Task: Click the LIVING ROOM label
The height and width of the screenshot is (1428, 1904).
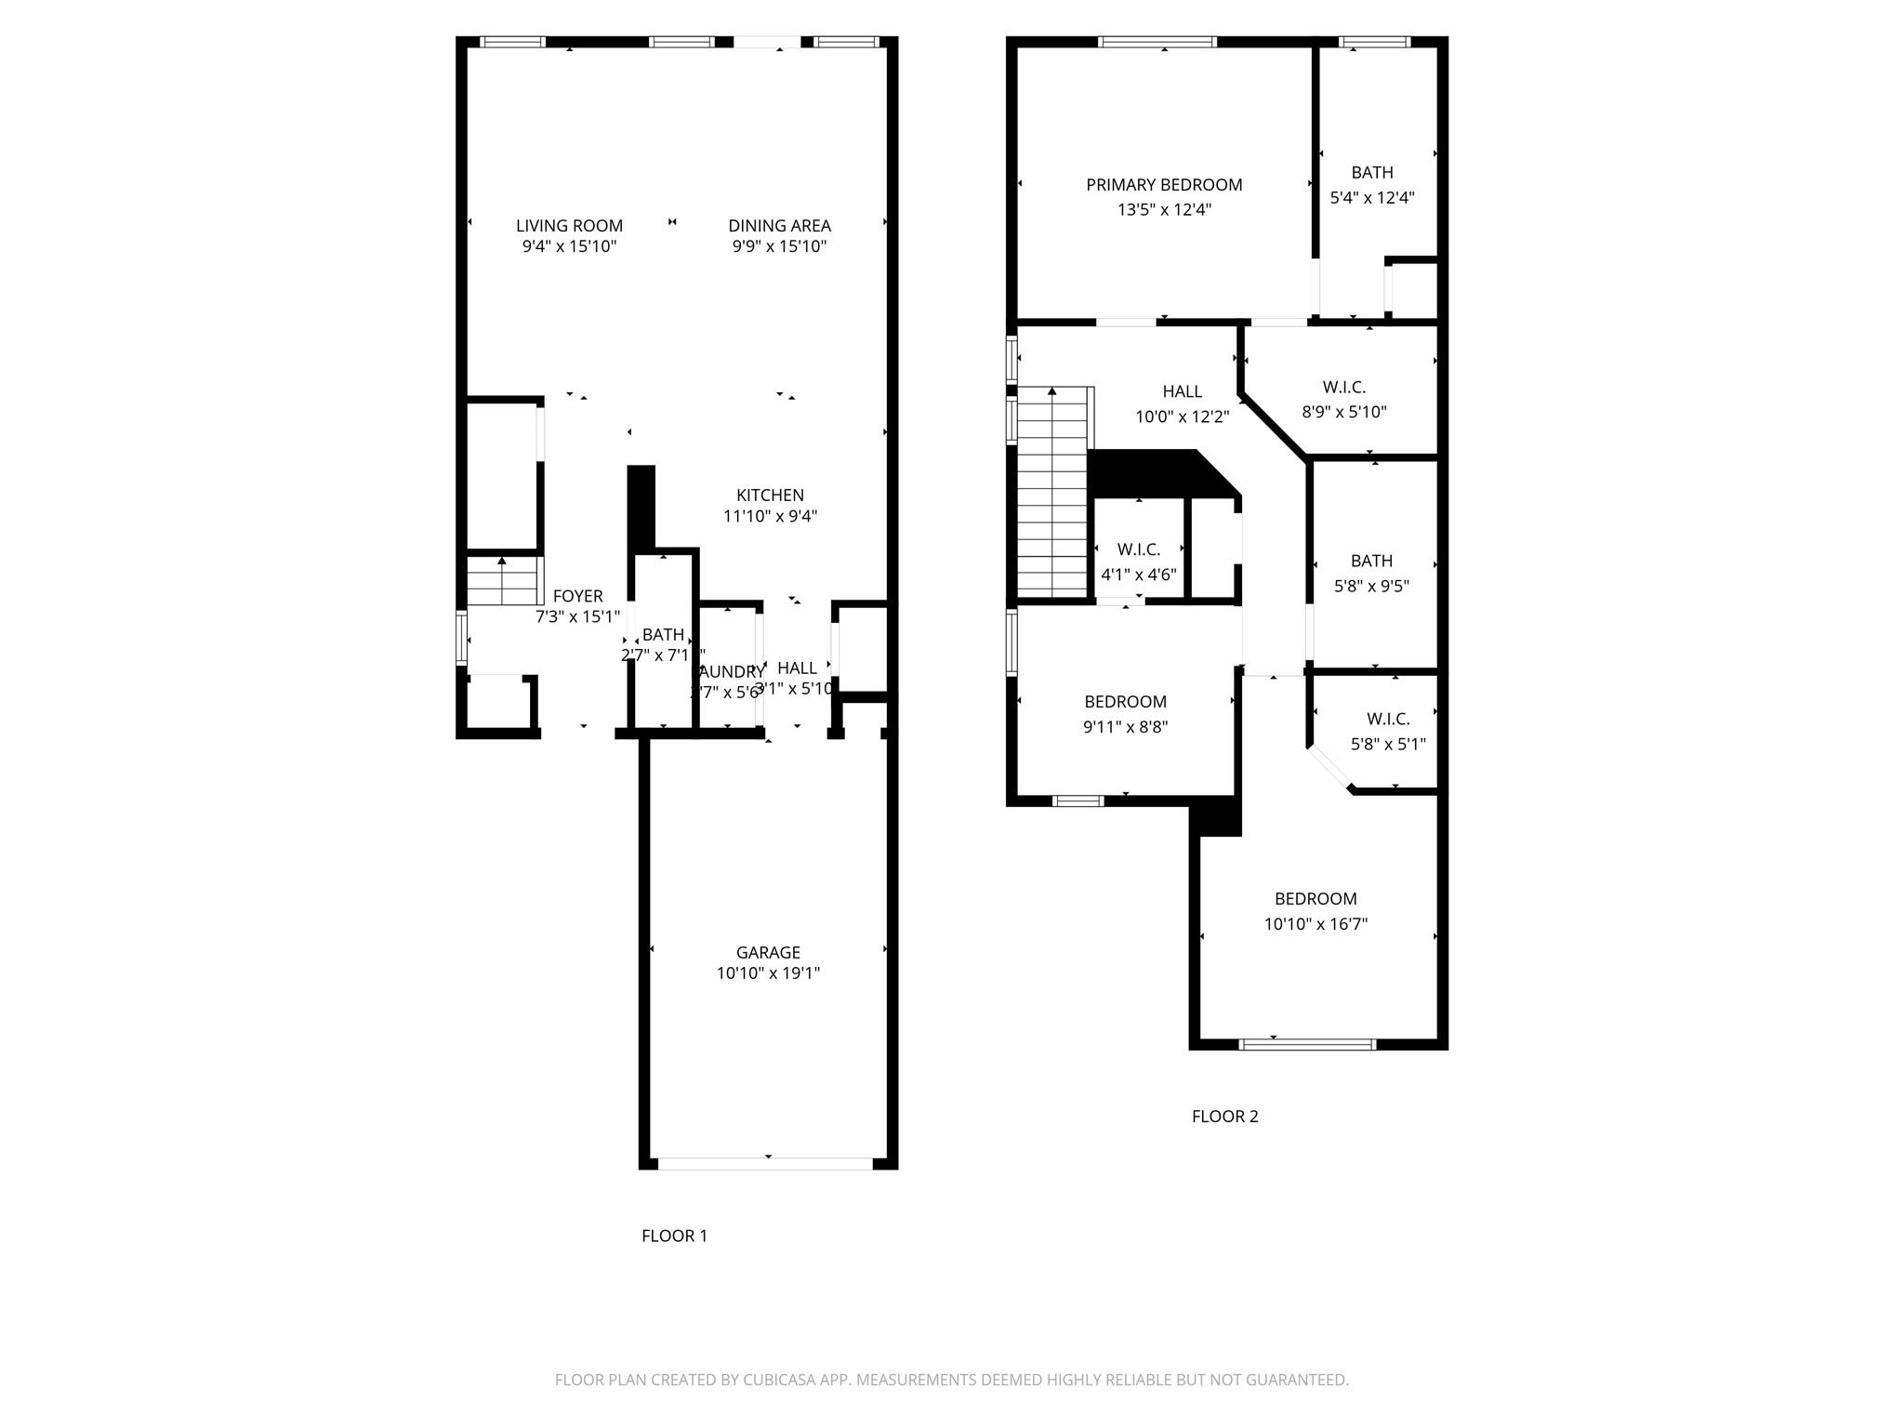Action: point(569,226)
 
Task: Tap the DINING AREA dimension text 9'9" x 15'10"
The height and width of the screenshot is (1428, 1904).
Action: point(779,247)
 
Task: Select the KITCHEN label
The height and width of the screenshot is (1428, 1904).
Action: point(770,496)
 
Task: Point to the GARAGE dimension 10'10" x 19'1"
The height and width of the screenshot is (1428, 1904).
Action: point(768,973)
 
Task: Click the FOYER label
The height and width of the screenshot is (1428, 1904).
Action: point(577,596)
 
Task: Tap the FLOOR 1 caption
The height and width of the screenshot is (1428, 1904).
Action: point(674,1236)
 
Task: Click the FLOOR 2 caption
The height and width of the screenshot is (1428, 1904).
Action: point(1224,1117)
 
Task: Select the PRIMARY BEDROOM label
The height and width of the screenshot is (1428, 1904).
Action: point(1164,185)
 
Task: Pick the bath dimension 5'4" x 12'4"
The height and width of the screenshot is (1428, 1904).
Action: point(1372,198)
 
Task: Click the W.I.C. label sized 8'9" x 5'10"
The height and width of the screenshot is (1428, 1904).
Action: point(1344,388)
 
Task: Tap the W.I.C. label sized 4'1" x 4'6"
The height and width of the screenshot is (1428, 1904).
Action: point(1139,549)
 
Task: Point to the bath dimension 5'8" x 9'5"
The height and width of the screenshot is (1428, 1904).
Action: point(1371,587)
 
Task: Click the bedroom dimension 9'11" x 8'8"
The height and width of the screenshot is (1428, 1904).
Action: point(1125,727)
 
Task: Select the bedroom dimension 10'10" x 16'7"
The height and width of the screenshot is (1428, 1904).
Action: point(1316,924)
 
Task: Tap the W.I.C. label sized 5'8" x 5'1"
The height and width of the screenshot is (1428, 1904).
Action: point(1388,719)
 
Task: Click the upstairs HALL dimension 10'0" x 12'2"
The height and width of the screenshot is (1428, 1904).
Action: point(1182,417)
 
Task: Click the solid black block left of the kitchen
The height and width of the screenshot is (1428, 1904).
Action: point(641,507)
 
